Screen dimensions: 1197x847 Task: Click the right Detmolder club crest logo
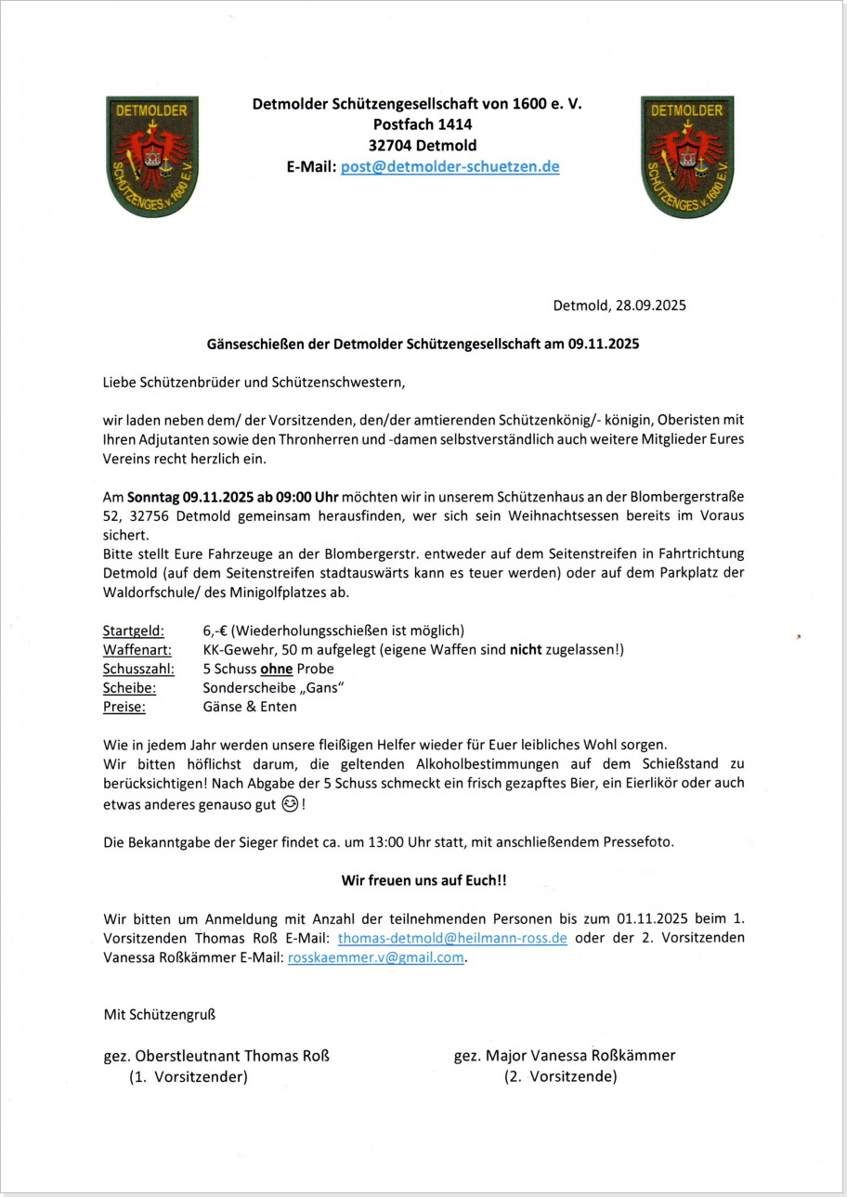click(x=687, y=156)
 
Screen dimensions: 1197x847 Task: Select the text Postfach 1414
click(x=417, y=124)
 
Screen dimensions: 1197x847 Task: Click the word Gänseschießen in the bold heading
click(x=255, y=344)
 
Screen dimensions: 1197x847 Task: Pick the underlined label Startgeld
click(x=134, y=630)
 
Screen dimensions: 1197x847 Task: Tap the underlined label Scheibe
click(x=129, y=688)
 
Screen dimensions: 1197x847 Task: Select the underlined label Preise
click(x=124, y=707)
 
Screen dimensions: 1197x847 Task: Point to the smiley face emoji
click(x=290, y=805)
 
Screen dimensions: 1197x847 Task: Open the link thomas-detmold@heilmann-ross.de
click(x=452, y=938)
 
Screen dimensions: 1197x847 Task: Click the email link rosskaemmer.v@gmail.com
click(x=375, y=958)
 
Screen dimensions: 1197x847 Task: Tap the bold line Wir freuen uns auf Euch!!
click(x=423, y=879)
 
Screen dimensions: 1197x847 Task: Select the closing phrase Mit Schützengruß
click(x=159, y=1014)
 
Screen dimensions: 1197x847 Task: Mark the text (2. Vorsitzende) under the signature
click(x=561, y=1077)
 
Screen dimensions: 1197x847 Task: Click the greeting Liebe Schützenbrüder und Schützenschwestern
click(x=254, y=382)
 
